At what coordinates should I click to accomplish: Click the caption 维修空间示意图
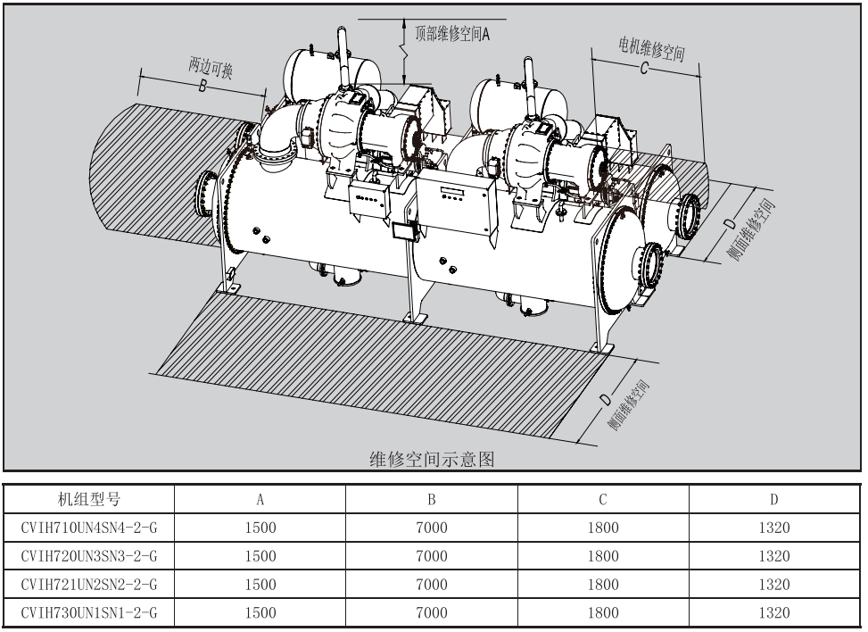(433, 459)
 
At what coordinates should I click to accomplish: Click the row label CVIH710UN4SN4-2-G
(87, 528)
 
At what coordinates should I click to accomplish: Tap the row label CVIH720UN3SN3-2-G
(87, 556)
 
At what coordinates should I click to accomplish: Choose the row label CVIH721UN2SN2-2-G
(87, 585)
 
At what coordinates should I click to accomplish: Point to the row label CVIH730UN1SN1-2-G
(87, 613)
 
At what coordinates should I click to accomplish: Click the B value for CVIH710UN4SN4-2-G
(432, 528)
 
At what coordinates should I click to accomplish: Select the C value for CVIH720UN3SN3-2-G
(603, 556)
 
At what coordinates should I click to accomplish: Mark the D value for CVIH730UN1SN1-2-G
(774, 613)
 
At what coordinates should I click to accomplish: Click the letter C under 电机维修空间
(643, 70)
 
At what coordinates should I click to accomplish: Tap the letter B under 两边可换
(202, 87)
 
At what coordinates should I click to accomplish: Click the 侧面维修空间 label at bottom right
(628, 406)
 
